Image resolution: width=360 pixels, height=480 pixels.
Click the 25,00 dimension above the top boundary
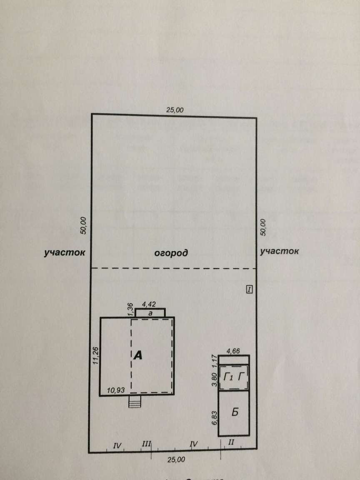coord(175,110)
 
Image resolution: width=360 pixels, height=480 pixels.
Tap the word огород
coord(171,252)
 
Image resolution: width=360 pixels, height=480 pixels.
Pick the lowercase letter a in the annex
coord(150,312)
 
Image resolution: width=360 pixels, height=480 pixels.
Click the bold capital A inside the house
coord(138,355)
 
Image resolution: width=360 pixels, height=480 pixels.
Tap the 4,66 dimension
coord(234,351)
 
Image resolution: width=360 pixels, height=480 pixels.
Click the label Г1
coord(228,377)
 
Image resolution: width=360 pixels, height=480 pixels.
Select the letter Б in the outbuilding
coord(235,412)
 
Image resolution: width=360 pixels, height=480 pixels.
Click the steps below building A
coord(135,402)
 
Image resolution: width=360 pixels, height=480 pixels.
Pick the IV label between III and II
coord(193,445)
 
